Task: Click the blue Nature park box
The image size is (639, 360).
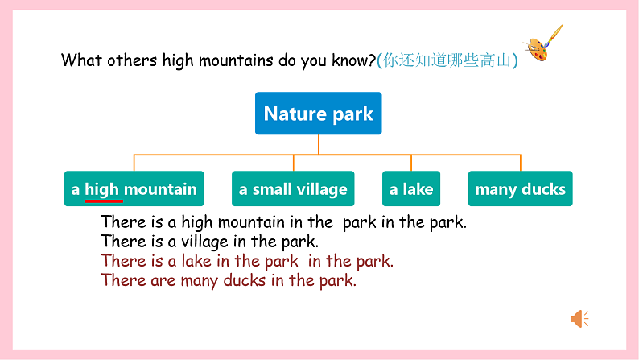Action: click(x=318, y=114)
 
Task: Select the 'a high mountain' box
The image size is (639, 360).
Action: click(x=134, y=189)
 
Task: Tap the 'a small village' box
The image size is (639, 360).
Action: click(x=293, y=189)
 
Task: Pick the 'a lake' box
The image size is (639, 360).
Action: click(x=410, y=189)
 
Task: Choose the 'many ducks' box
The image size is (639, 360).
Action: click(x=520, y=189)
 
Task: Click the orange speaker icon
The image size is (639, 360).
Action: click(x=579, y=319)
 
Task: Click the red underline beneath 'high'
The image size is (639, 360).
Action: click(x=103, y=200)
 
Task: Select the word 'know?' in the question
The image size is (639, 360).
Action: click(x=355, y=60)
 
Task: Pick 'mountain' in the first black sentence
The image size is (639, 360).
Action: click(x=249, y=221)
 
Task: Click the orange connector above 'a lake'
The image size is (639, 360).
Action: click(x=410, y=163)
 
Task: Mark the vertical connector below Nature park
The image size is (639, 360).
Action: click(x=318, y=144)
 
